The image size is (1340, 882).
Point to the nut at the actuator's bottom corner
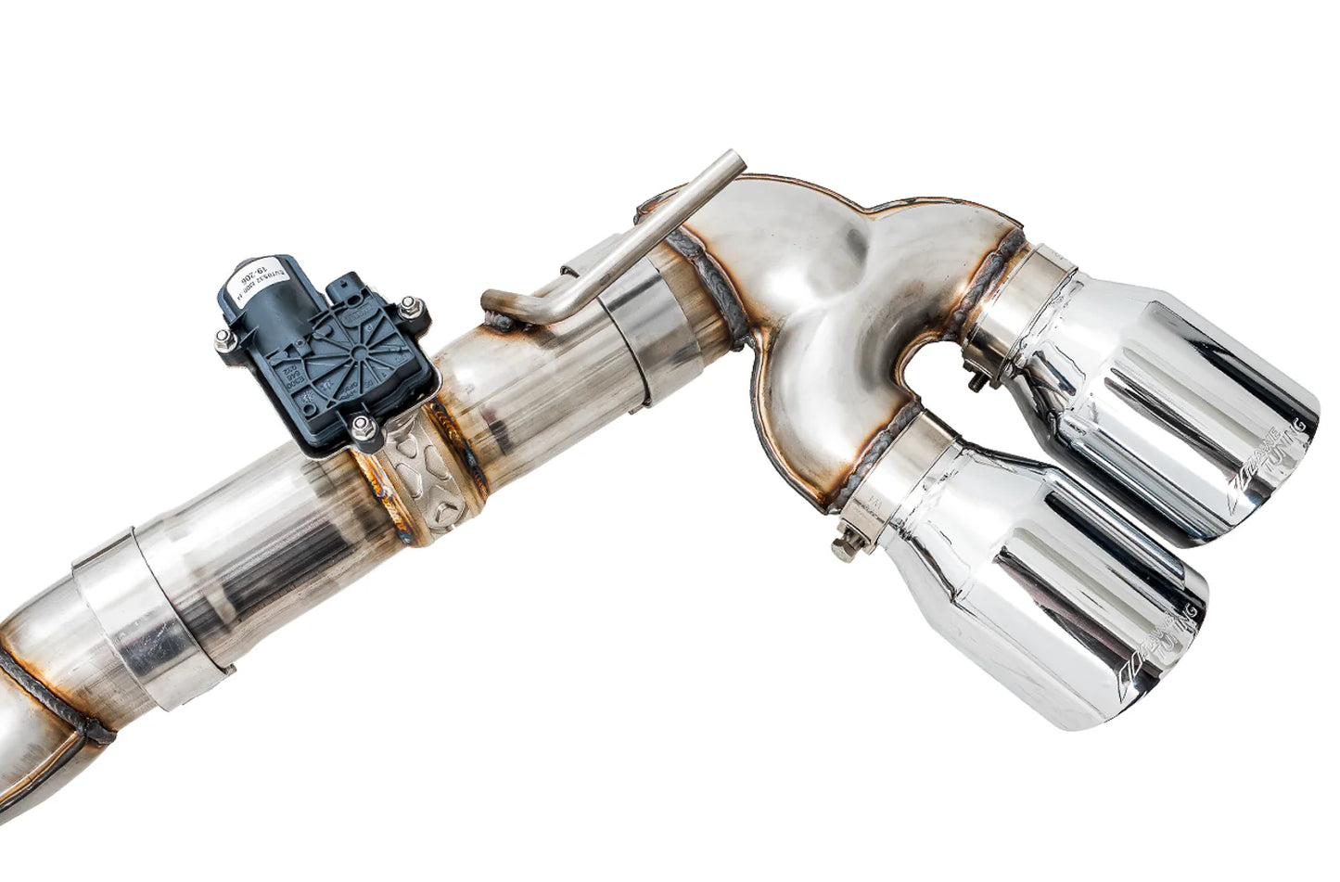361,428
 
